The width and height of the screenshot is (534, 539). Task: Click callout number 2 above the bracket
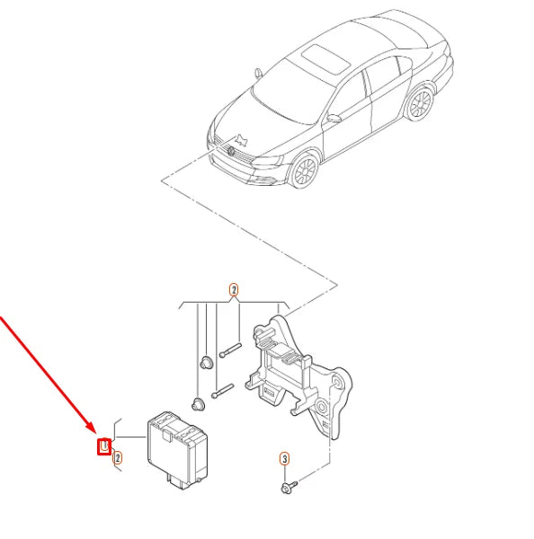234,290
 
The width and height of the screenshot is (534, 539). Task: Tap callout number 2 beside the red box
117,457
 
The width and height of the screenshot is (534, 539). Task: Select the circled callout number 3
284,459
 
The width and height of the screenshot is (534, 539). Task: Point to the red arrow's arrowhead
93,432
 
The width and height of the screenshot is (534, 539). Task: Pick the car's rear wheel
418,104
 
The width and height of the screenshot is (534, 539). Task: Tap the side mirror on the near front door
334,118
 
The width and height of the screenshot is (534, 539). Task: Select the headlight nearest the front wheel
270,163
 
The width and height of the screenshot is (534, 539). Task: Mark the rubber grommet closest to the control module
197,401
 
